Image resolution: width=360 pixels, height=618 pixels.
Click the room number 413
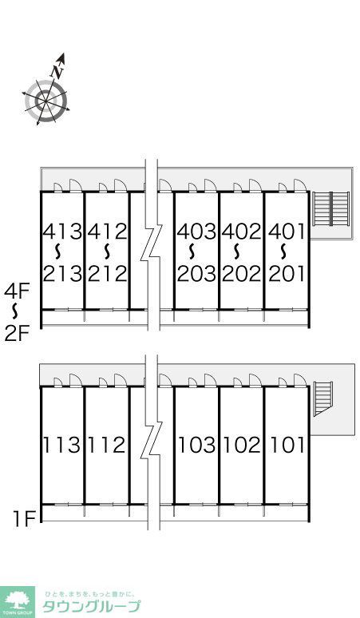[x=62, y=232]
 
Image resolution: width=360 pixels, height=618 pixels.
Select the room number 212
[x=108, y=274]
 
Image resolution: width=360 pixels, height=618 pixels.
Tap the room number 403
[x=196, y=232]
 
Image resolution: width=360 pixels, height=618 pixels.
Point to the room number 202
[x=241, y=274]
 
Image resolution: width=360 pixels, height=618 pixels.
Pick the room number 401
[x=287, y=232]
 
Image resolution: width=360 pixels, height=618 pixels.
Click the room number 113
[x=61, y=445]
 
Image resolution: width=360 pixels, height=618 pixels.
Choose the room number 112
[x=106, y=445]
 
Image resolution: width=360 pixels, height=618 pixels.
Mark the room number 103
[x=196, y=445]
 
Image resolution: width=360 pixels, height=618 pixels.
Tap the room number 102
[x=241, y=445]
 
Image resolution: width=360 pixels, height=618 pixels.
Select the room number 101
[x=287, y=445]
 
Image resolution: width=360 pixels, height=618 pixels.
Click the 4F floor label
[x=17, y=292]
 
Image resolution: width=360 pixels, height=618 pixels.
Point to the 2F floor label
[x=17, y=335]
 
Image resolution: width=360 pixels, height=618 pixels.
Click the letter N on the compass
[x=57, y=71]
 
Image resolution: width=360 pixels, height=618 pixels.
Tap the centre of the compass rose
[x=45, y=101]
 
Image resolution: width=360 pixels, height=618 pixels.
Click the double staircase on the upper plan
[x=330, y=208]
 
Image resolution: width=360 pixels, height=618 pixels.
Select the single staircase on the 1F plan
[x=323, y=398]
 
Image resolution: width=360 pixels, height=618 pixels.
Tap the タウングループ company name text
[x=91, y=606]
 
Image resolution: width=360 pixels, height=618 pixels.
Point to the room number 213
[x=62, y=274]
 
